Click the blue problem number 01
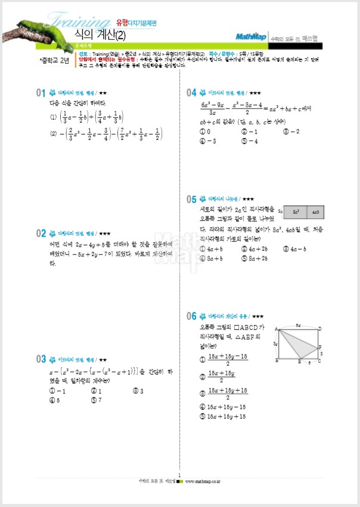41,93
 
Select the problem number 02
41,233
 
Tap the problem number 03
41,359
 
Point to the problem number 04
191,93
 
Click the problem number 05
191,199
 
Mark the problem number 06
191,316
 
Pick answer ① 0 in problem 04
206,131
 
